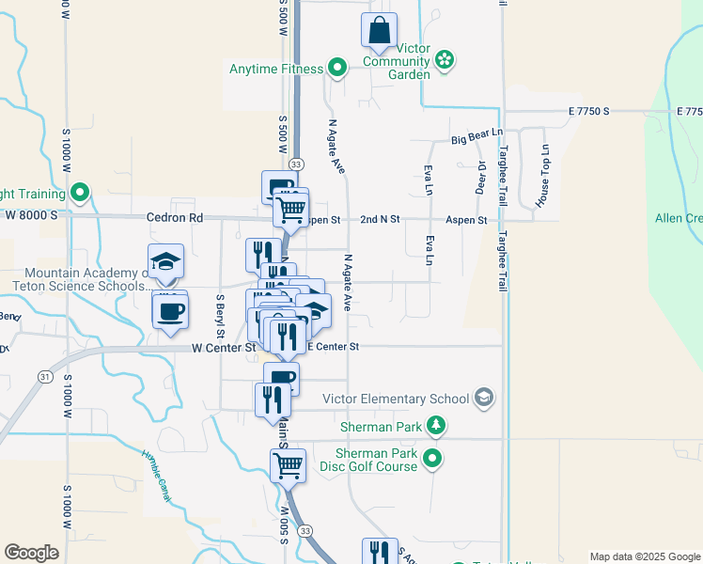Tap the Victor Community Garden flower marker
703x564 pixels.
[445, 61]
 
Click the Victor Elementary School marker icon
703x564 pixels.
[483, 398]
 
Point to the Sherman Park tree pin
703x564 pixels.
[436, 427]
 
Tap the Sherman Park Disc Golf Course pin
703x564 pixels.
[431, 460]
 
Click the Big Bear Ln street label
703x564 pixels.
[477, 138]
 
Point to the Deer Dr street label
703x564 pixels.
[481, 177]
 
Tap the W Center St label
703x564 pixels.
[224, 347]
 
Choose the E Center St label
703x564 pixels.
[333, 347]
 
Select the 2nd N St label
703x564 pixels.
[380, 220]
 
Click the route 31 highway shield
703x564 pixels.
[44, 376]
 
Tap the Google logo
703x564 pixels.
[31, 552]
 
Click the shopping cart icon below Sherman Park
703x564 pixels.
[288, 463]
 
